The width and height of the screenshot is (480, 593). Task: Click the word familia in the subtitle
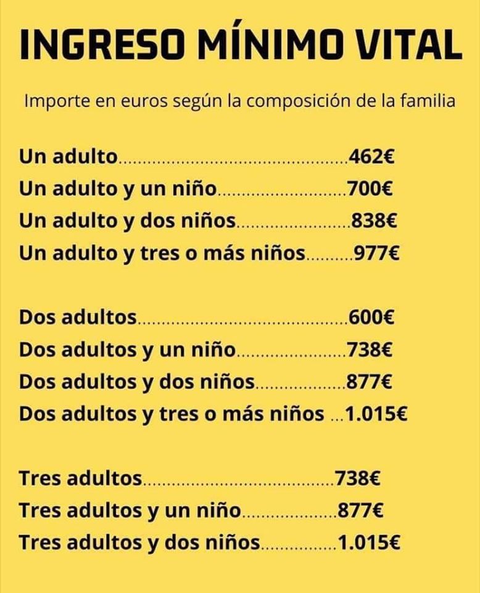(x=428, y=100)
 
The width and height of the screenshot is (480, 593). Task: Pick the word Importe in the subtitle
(x=51, y=100)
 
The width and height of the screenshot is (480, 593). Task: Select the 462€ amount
(x=371, y=156)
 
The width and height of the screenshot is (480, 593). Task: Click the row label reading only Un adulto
(x=68, y=156)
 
